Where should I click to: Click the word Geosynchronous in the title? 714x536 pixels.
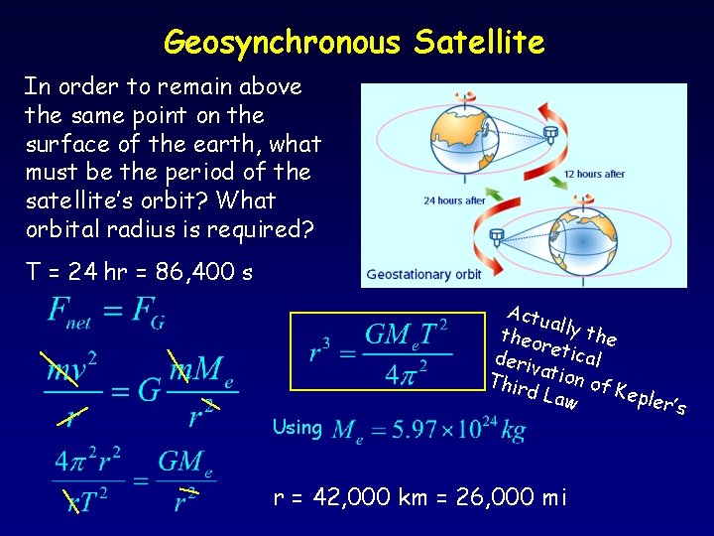click(283, 42)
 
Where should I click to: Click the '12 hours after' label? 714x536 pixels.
click(593, 174)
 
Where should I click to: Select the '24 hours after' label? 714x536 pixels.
click(454, 201)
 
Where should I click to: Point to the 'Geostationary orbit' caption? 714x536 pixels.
click(423, 274)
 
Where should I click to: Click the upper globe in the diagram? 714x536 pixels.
click(457, 138)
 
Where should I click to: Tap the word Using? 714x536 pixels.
click(297, 428)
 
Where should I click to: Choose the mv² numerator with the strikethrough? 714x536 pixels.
click(73, 369)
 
